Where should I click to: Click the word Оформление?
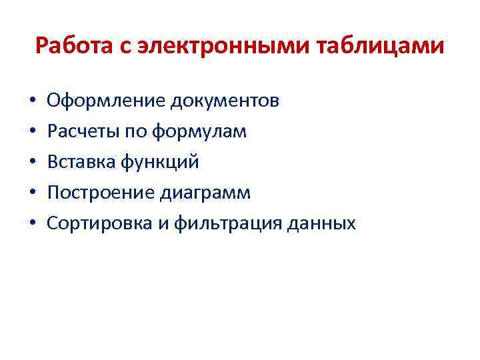click(107, 101)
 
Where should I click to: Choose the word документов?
click(225, 101)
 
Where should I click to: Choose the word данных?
click(325, 223)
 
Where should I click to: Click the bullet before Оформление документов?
click(32, 102)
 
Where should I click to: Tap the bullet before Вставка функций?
click(32, 163)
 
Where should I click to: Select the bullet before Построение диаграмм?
click(32, 193)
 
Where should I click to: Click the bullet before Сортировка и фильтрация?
click(32, 224)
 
